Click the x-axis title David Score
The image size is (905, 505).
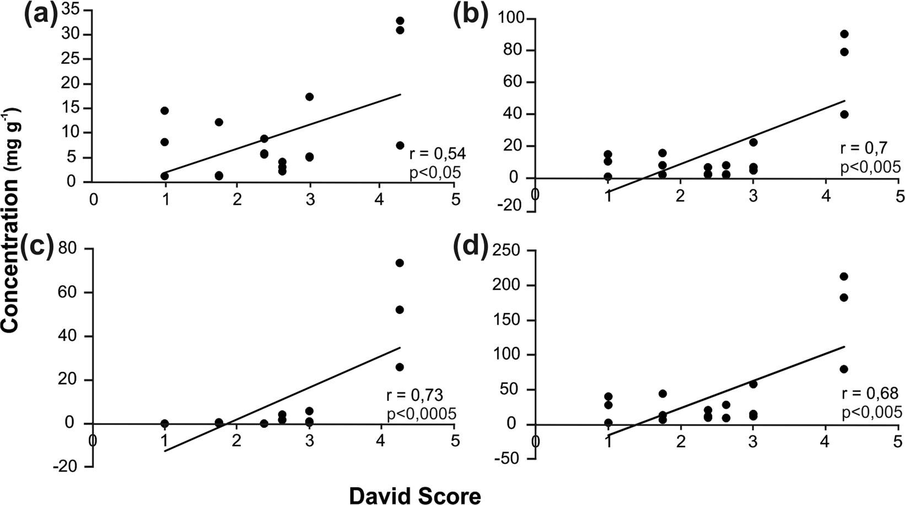(414, 496)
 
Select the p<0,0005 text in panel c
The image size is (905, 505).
(421, 413)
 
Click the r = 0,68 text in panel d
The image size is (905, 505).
(870, 393)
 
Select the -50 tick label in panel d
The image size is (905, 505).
(510, 459)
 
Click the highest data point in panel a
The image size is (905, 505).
(400, 21)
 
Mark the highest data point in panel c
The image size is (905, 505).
(400, 263)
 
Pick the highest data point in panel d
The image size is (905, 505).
(843, 276)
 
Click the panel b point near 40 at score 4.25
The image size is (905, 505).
(844, 115)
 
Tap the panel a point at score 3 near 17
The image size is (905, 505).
(309, 97)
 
